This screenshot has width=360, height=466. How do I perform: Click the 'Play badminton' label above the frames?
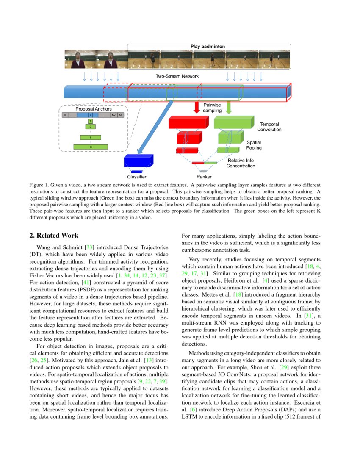[208, 46]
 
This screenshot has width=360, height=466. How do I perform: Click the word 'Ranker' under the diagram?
[204, 177]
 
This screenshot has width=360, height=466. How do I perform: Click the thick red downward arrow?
[196, 107]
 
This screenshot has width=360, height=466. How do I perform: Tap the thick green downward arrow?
[228, 107]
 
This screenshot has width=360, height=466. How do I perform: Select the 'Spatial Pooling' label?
[254, 145]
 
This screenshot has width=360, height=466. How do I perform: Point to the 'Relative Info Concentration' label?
[241, 163]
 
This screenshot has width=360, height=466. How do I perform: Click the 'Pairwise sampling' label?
[212, 107]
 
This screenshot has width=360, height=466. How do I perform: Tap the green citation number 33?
[89, 247]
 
